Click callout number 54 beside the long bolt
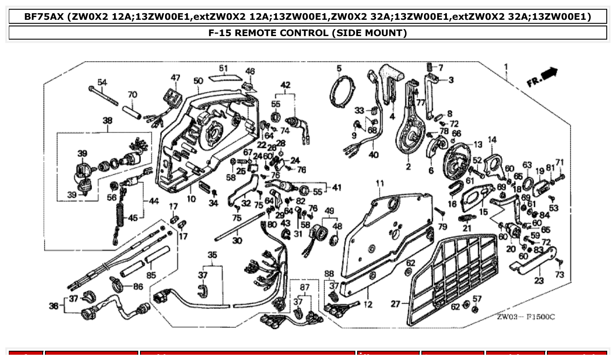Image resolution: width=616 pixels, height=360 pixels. tap(102, 82)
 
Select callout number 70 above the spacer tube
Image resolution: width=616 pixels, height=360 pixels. tap(132, 95)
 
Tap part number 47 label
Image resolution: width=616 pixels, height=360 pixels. tap(176, 78)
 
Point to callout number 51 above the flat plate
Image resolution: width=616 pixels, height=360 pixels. tap(223, 68)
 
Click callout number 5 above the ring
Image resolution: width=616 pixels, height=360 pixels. tap(339, 68)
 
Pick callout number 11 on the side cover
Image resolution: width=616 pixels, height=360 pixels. tap(380, 183)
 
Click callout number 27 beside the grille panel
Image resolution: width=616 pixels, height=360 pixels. tap(395, 304)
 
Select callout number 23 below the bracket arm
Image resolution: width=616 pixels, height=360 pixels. tap(539, 280)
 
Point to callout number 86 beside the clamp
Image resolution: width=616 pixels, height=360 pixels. tap(138, 286)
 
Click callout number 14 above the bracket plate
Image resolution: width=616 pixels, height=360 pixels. tap(492, 140)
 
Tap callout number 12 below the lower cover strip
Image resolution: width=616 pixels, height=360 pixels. tap(368, 305)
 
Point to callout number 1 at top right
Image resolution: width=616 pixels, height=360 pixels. tap(506, 67)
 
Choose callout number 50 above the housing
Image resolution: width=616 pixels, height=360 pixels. tap(198, 81)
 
